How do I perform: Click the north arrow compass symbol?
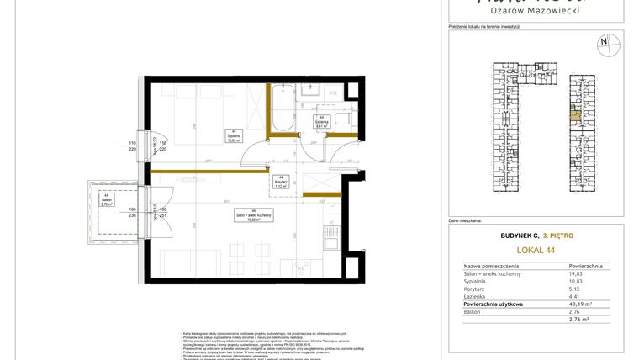click(x=603, y=41)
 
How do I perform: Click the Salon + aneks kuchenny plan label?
click(x=253, y=215)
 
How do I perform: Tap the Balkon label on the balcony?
click(x=106, y=201)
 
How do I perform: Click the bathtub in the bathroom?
click(x=282, y=109)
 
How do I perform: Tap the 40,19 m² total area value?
click(x=579, y=304)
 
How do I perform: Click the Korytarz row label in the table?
click(x=477, y=289)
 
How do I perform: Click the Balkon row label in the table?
click(x=473, y=311)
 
